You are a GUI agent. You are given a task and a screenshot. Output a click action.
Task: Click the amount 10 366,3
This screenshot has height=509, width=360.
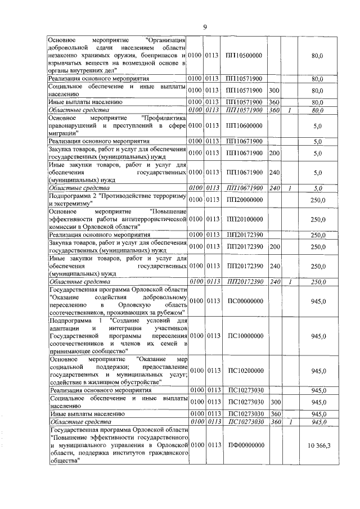point(319,445)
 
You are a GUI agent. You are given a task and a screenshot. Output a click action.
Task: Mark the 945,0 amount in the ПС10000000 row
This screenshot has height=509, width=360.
point(319,336)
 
